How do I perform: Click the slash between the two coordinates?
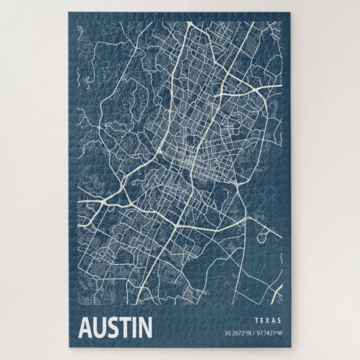(253, 333)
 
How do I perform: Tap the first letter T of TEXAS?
(255, 320)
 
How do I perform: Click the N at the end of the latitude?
(249, 333)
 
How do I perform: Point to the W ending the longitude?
(281, 333)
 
